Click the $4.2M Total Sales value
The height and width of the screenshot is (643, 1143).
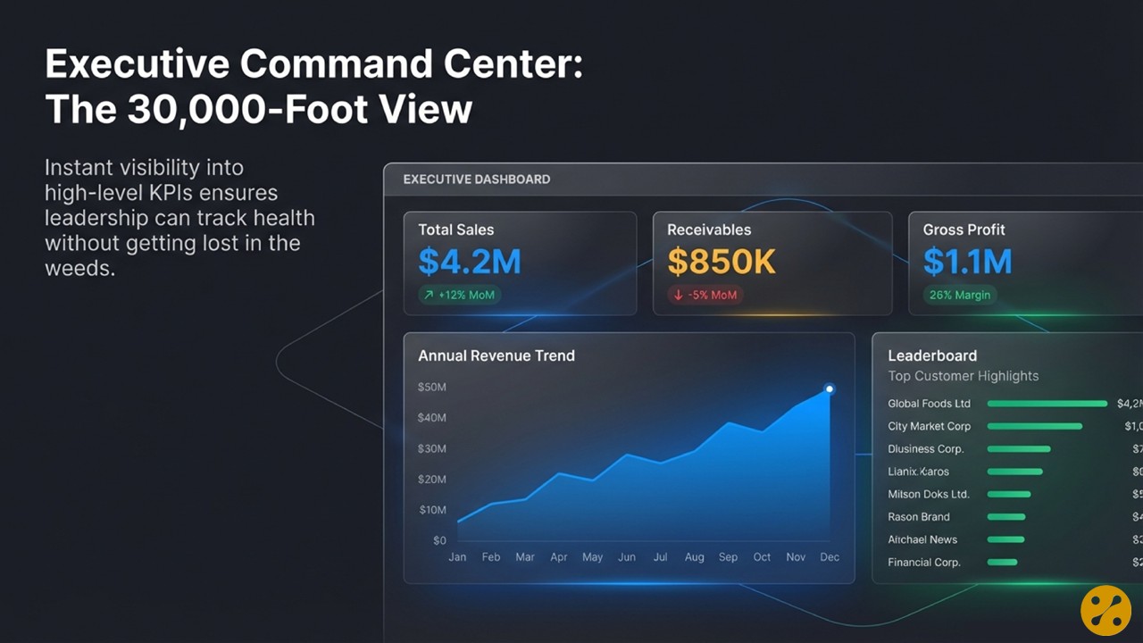point(469,262)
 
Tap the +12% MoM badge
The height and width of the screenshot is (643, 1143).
point(459,295)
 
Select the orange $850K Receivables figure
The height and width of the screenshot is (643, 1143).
point(722,262)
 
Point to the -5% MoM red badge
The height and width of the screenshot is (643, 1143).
point(705,295)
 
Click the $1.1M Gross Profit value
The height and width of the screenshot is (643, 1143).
point(967,262)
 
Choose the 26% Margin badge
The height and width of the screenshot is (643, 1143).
point(959,295)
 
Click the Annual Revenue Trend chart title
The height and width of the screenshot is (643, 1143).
point(496,355)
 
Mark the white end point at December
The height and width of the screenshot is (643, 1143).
point(830,388)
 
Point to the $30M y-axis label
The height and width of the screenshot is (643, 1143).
point(432,448)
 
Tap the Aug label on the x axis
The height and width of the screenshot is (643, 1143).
point(694,557)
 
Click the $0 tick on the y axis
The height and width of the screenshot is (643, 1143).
point(439,540)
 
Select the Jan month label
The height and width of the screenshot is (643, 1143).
point(457,557)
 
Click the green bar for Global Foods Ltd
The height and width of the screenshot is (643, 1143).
point(1047,404)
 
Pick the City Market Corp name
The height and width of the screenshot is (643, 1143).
point(929,426)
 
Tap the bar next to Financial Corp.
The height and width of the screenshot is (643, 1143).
point(1002,562)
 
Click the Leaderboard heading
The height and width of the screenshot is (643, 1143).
point(932,355)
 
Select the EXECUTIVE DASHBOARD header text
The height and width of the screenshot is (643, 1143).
point(476,180)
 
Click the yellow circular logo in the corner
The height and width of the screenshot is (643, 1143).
point(1105,611)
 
